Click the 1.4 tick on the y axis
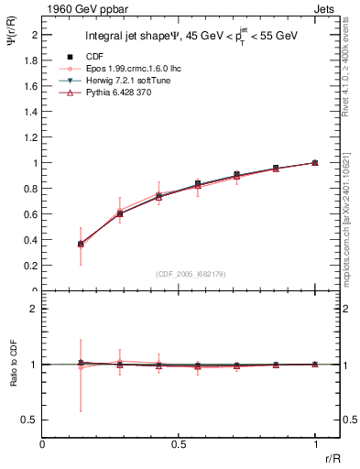(32, 112)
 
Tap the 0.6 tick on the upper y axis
(32, 214)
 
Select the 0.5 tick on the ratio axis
(32, 420)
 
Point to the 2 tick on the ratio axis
(35, 310)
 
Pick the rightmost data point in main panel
(315, 162)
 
